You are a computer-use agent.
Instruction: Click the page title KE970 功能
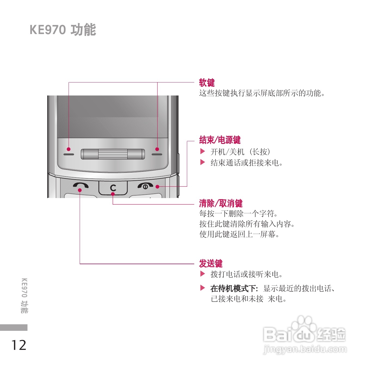coord(63,30)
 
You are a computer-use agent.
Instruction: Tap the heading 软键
coord(207,82)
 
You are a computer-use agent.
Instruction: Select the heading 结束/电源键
coord(220,140)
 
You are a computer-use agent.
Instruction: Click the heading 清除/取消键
coord(221,203)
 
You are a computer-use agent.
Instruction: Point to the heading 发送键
coord(211,263)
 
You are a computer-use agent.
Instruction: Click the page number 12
coord(18,345)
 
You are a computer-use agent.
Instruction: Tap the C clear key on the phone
coord(113,187)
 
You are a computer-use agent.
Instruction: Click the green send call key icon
coord(81,185)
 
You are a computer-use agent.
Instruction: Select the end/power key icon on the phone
coord(145,186)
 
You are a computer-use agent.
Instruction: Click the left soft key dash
coord(69,154)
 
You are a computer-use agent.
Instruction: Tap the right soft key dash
coord(157,154)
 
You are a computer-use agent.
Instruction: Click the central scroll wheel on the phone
coord(113,154)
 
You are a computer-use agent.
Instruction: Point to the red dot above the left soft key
coord(69,149)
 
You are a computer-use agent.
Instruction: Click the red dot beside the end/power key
coord(157,187)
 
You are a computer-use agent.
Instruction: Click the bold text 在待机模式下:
coord(234,288)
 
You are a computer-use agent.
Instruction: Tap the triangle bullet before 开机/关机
coord(202,151)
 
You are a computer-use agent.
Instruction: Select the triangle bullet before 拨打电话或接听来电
coord(202,274)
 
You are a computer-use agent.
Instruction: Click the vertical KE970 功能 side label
coord(24,295)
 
